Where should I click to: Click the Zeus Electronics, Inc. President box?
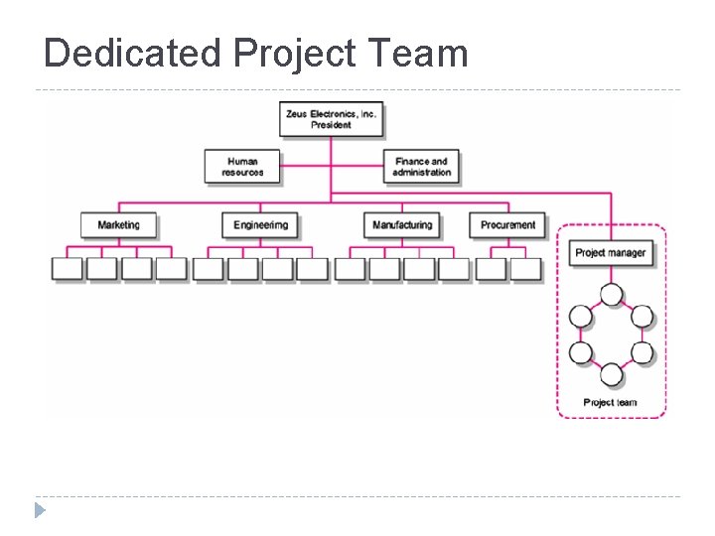[x=331, y=119]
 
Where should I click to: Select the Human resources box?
[x=242, y=167]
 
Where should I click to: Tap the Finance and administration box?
[x=421, y=167]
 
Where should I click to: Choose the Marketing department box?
[x=118, y=225]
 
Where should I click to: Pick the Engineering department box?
[x=259, y=225]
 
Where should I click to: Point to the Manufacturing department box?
[x=401, y=225]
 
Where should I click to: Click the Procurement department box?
[x=507, y=225]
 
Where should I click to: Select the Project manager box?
[x=610, y=253]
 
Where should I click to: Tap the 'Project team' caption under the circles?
[x=610, y=402]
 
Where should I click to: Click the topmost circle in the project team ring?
[x=611, y=295]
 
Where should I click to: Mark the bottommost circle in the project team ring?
[x=611, y=374]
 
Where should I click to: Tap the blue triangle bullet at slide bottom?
[x=39, y=511]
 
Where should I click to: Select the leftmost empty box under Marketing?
[x=67, y=269]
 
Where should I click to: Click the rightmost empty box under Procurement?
[x=526, y=269]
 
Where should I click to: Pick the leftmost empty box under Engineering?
[x=208, y=269]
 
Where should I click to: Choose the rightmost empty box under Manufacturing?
[x=454, y=269]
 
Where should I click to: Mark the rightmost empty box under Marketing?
[x=171, y=269]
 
